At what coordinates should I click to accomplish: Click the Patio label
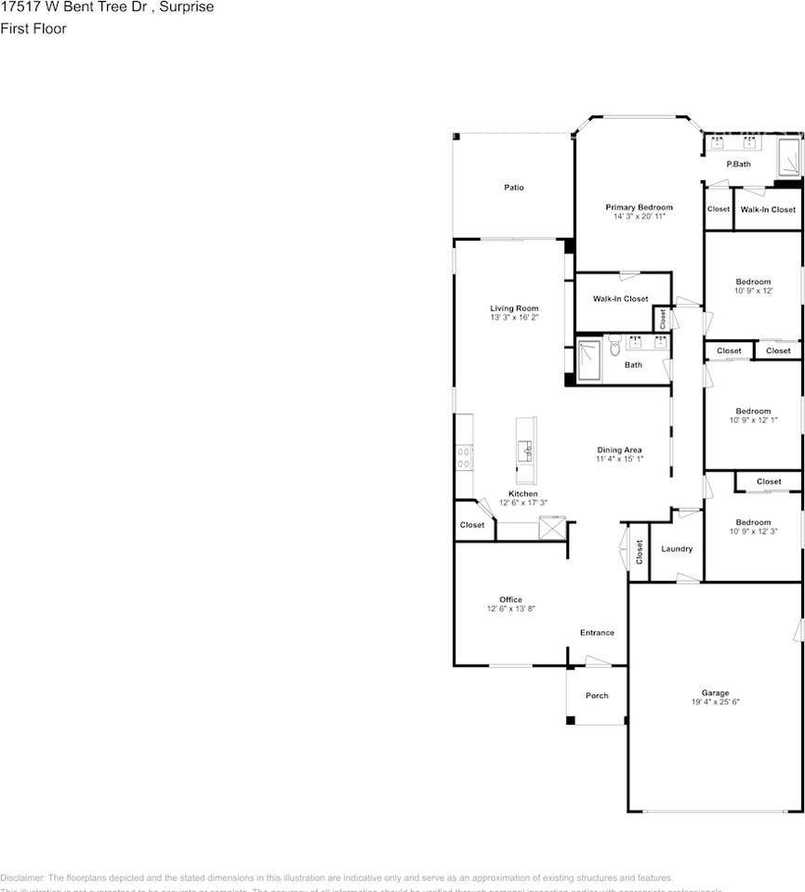tap(514, 188)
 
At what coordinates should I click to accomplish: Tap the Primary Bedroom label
tap(639, 207)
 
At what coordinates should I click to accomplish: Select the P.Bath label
tap(738, 164)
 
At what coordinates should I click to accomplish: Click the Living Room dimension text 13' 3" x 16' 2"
tap(514, 318)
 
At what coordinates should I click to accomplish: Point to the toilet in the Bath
tap(614, 348)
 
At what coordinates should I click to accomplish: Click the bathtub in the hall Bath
tap(588, 361)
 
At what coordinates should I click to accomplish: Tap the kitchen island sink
tap(525, 453)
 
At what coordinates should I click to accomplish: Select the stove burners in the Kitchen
tap(463, 456)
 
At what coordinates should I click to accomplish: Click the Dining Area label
tap(619, 450)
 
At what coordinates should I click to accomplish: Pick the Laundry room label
tap(676, 549)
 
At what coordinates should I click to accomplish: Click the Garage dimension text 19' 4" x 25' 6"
tap(715, 702)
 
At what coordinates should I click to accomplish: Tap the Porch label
tap(597, 695)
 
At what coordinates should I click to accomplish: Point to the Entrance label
tap(597, 633)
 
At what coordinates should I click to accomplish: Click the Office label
tap(510, 599)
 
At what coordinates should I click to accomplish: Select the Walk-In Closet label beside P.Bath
tap(768, 210)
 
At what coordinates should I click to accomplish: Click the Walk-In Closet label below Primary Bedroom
tap(621, 298)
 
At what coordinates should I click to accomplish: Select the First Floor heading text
tap(33, 29)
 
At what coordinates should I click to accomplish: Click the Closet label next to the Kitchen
tap(472, 525)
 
